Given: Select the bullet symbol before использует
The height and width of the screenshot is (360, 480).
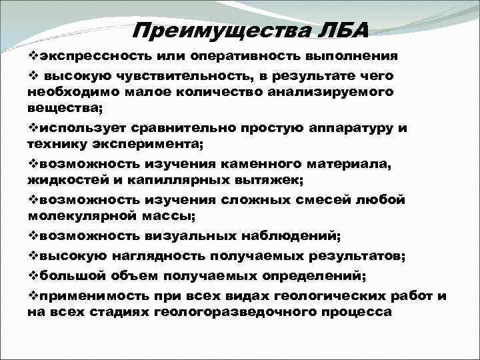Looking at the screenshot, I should pos(33,127).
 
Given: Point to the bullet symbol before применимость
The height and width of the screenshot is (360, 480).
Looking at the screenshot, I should pos(33,296).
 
